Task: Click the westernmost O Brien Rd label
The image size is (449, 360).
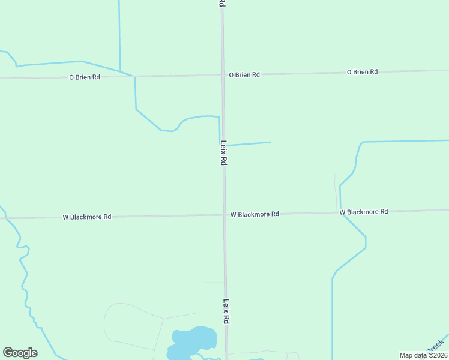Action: (84, 77)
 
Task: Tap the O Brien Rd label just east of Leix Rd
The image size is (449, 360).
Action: (244, 75)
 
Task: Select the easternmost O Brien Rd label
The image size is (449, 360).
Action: (362, 72)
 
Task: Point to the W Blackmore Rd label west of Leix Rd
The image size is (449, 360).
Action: (87, 217)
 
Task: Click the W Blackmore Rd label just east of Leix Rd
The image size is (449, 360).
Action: (255, 214)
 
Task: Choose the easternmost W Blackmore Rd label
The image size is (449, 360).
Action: (364, 212)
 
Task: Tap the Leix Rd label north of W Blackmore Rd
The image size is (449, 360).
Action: (223, 153)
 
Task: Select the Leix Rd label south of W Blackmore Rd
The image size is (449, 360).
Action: (226, 312)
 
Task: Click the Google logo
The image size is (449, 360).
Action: (20, 353)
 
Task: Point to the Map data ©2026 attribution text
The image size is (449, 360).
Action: (423, 355)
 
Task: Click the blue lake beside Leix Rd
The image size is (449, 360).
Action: (193, 341)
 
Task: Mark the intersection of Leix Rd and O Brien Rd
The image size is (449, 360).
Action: (223, 76)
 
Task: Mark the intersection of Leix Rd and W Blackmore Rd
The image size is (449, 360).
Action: (224, 215)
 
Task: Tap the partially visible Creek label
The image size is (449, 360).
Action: (433, 346)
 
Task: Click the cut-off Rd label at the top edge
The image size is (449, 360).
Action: (221, 4)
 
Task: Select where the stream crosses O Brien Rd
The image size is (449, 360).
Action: (134, 77)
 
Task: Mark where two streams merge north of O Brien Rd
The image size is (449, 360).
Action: (121, 71)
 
